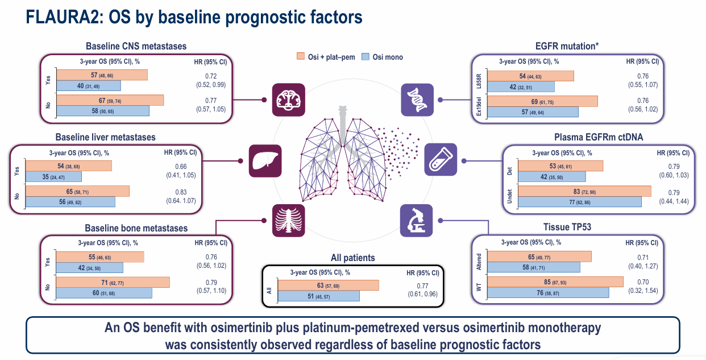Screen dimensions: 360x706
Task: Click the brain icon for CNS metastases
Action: coord(288,100)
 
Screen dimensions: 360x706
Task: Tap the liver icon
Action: coord(265,160)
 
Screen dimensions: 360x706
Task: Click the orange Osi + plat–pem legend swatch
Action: coord(301,56)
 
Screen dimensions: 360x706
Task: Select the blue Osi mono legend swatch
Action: coord(366,56)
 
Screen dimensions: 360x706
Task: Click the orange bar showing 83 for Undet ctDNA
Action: coord(585,191)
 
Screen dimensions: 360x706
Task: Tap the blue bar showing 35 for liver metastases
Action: coord(53,176)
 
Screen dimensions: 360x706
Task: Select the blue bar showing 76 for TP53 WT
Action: coord(548,292)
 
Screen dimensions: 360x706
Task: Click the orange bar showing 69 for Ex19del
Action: coord(542,101)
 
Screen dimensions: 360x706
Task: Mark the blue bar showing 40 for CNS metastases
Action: coord(88,86)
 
